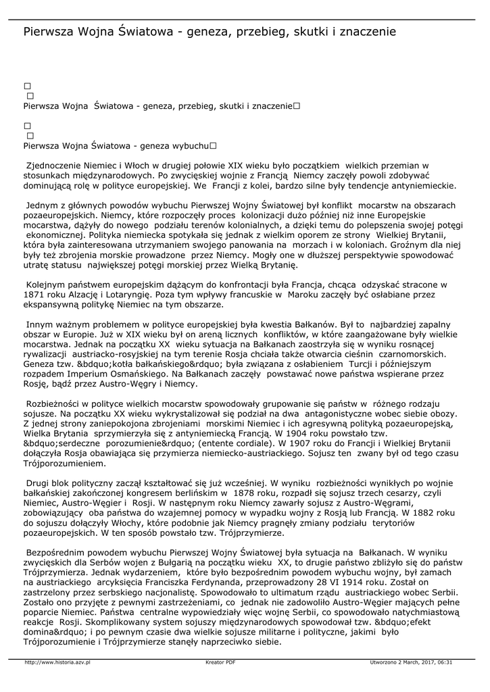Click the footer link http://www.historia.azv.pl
point(57,662)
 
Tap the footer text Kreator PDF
point(220,662)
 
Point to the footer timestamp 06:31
point(445,662)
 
